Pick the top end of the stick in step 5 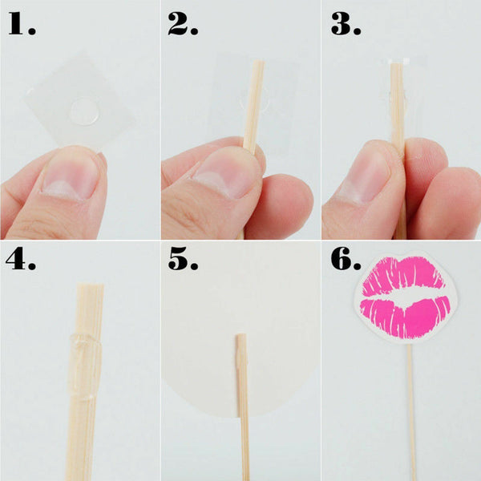point(241,338)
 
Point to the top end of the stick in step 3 point(397,67)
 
